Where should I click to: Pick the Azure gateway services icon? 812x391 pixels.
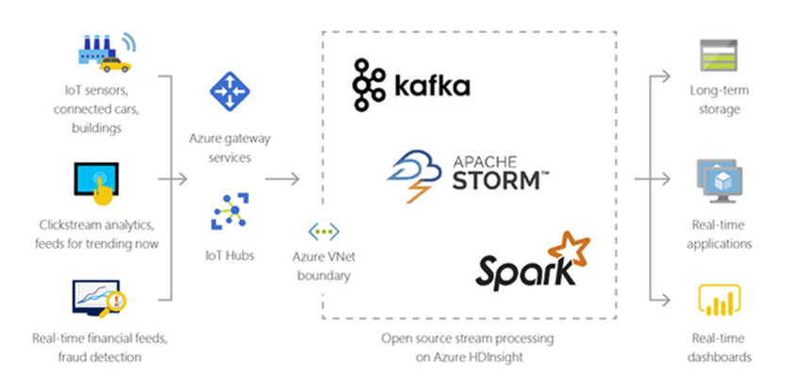(229, 91)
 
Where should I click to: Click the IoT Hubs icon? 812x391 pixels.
(229, 212)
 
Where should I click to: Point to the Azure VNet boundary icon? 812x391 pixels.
(324, 230)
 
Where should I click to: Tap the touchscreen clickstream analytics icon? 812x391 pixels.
(100, 185)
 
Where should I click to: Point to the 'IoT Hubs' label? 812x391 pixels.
(229, 256)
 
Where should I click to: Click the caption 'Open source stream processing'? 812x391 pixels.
(469, 338)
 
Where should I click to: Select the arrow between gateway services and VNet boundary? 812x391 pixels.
(281, 176)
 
